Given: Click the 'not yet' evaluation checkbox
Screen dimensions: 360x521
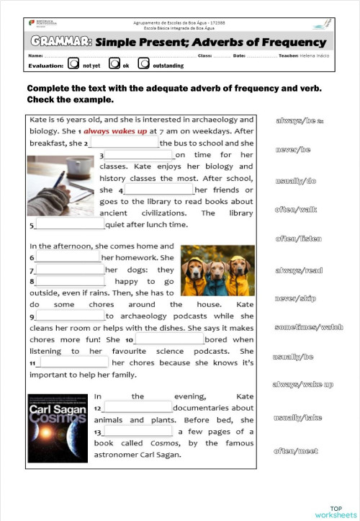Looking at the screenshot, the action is [73, 64].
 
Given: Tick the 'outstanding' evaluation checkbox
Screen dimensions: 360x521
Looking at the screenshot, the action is [144, 64].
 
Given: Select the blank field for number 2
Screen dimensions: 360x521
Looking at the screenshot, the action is [123, 143].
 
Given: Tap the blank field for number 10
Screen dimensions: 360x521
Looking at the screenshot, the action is [169, 339].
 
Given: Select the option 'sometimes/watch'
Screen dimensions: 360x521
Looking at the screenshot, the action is [309, 327].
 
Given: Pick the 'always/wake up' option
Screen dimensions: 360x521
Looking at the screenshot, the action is [302, 385].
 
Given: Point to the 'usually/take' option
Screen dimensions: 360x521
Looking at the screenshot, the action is [297, 418].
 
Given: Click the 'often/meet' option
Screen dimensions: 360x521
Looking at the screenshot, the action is [295, 451].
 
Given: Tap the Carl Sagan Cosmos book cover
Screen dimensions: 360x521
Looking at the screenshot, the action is [58, 429].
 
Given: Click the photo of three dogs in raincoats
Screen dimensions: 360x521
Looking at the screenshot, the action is [217, 271].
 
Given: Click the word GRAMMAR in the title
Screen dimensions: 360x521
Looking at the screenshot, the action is [60, 42].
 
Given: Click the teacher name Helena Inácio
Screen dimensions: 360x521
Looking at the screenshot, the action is [315, 55].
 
